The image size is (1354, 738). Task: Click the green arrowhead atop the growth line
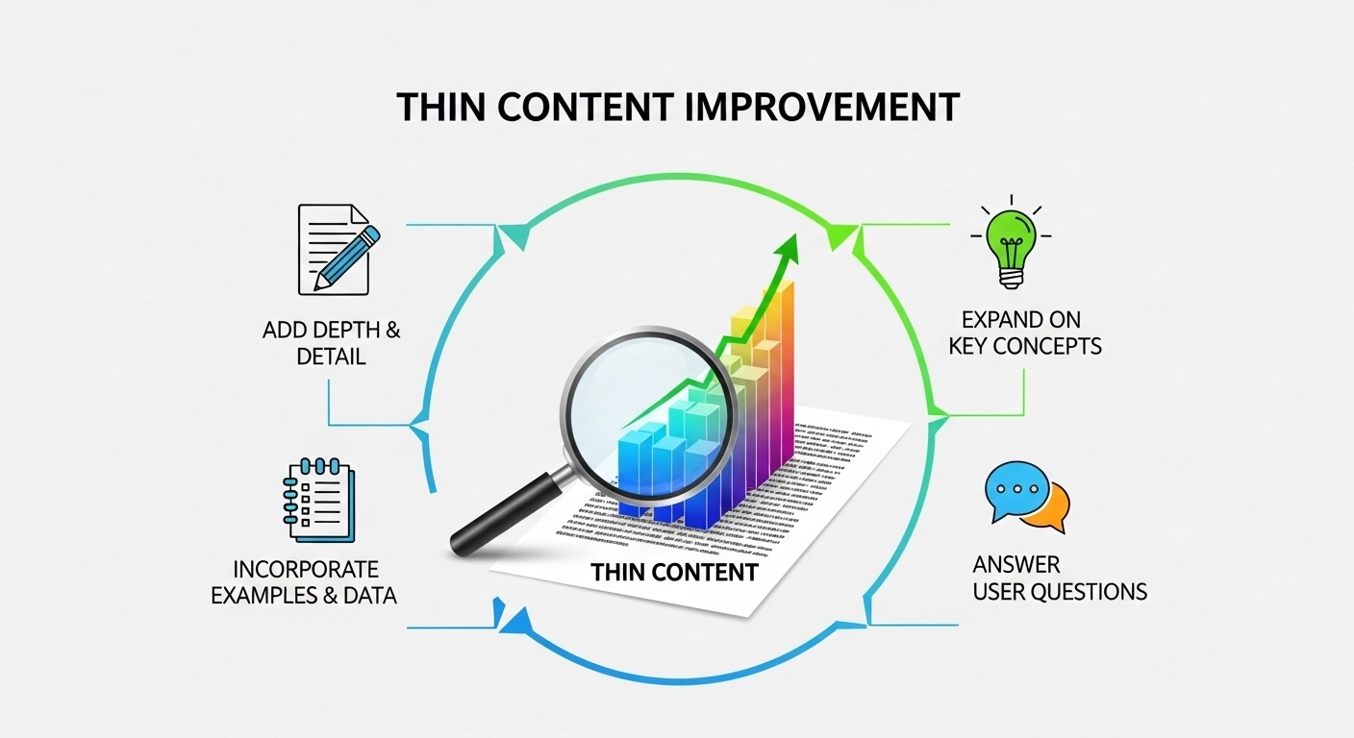click(790, 244)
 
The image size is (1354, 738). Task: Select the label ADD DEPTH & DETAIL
click(332, 343)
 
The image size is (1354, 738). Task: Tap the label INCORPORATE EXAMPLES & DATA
click(304, 582)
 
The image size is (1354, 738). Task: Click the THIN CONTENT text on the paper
click(674, 573)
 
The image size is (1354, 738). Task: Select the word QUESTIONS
click(1088, 591)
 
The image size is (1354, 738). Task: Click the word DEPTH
click(340, 331)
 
